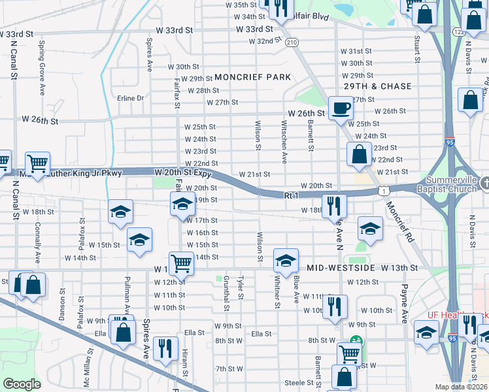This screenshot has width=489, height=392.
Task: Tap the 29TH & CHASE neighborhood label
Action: pyautogui.click(x=379, y=86)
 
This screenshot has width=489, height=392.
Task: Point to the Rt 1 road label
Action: pyautogui.click(x=291, y=195)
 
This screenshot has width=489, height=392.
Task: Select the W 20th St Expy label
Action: pyautogui.click(x=182, y=171)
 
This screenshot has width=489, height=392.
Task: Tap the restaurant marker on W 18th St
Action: pyautogui.click(x=333, y=204)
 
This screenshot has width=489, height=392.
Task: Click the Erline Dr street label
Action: pyautogui.click(x=130, y=98)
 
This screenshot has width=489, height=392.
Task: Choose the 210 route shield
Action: pyautogui.click(x=292, y=42)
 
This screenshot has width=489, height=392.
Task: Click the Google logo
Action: pyautogui.click(x=22, y=384)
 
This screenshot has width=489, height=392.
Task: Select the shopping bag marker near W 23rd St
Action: pyautogui.click(x=358, y=155)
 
